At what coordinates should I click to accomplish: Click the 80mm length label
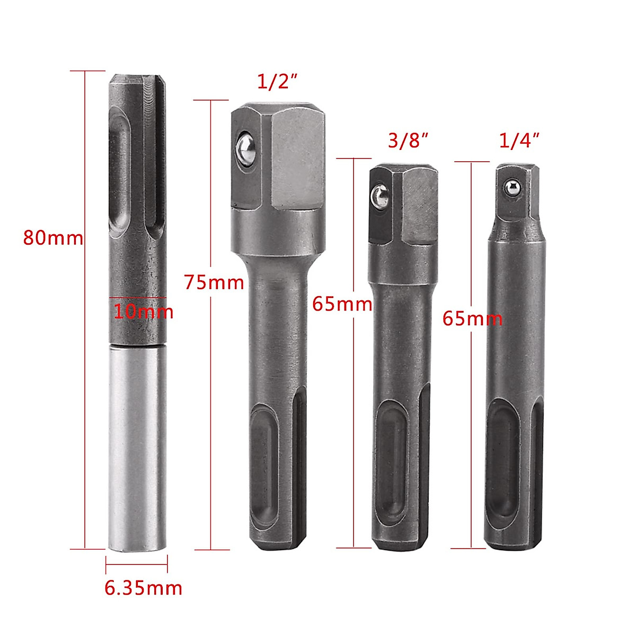[53, 237]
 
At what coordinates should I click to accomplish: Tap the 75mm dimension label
[214, 281]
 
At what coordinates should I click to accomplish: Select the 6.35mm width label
[143, 588]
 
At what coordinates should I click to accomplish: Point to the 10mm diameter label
[143, 311]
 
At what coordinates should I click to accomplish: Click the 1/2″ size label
[277, 82]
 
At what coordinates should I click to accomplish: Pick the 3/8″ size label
[408, 141]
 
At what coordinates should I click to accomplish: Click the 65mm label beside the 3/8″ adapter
[342, 304]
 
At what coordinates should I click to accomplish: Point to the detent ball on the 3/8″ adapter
[379, 196]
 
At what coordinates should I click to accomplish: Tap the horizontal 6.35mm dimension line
[137, 564]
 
